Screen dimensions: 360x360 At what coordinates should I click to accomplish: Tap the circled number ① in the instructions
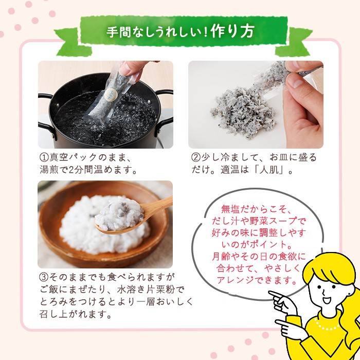click(x=43, y=157)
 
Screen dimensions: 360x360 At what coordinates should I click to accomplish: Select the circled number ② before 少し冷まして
click(x=195, y=157)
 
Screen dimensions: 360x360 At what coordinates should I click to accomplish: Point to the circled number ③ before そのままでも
click(x=43, y=277)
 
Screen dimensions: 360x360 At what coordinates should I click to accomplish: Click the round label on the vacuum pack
click(x=111, y=94)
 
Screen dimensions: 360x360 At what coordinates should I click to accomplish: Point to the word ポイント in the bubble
click(x=268, y=244)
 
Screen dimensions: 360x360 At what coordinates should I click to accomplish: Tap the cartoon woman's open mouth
click(x=326, y=300)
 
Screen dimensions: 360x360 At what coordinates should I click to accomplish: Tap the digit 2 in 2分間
click(x=71, y=170)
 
